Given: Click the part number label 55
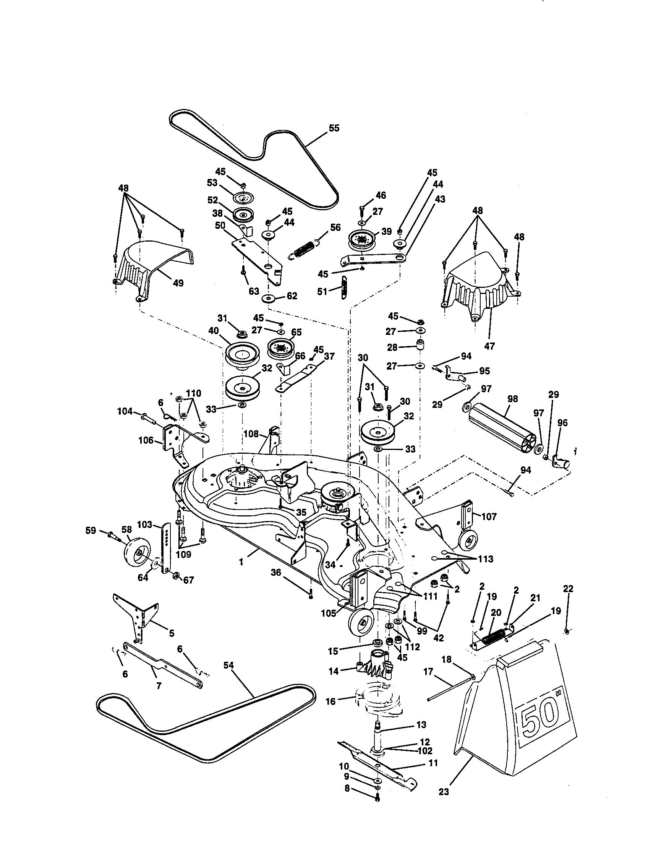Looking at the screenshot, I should pyautogui.click(x=334, y=128).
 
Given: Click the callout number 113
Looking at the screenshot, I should pyautogui.click(x=485, y=559).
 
